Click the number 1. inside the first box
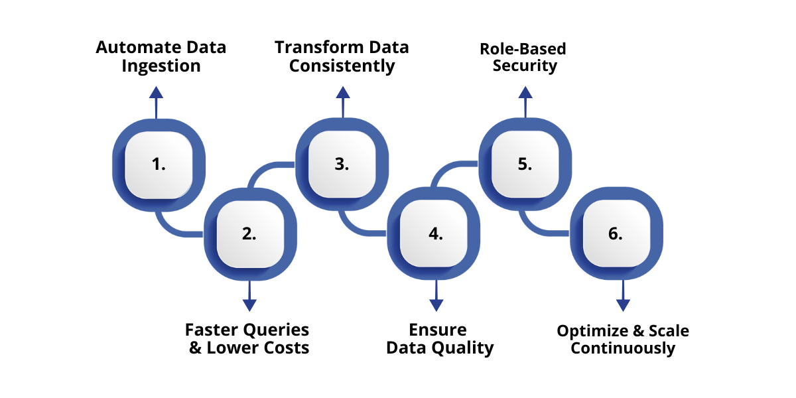tap(159, 165)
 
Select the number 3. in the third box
tap(342, 165)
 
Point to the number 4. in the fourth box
tap(436, 233)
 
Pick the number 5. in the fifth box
tap(525, 165)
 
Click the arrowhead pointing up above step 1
tap(156, 92)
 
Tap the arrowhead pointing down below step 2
tap(249, 304)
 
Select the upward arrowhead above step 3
tap(342, 92)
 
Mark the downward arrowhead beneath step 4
tap(436, 304)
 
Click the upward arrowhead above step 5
tap(525, 92)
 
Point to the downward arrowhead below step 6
tap(623, 304)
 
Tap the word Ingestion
tap(161, 66)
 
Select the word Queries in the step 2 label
tap(275, 330)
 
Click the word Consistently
tap(342, 66)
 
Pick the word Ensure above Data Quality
tap(438, 330)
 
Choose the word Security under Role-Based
tap(525, 66)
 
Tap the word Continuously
tap(623, 348)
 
